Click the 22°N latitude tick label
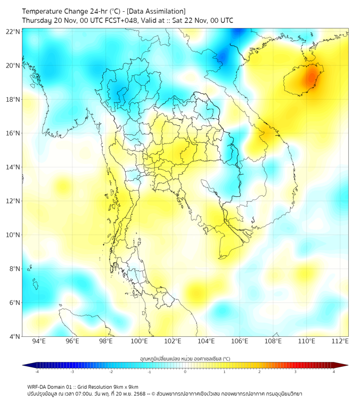(13, 31)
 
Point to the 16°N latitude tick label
(13, 133)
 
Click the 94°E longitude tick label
(39, 341)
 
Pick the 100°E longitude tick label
(140, 341)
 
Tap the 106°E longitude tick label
(240, 341)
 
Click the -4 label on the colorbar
(37, 372)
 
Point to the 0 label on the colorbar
(185, 372)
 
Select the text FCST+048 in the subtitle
(117, 20)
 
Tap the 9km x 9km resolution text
(125, 386)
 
